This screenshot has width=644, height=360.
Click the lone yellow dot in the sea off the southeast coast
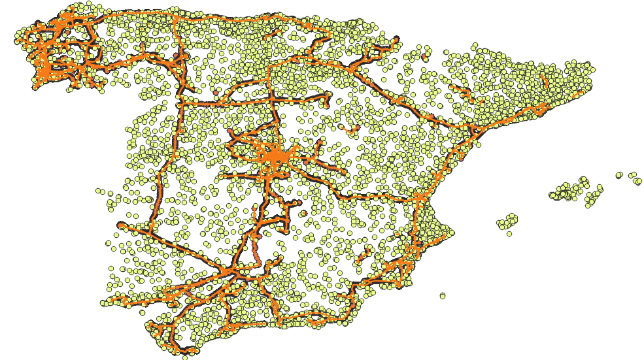[443, 295]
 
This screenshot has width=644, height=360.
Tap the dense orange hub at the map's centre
[276, 157]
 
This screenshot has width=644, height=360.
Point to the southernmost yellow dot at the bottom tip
[185, 357]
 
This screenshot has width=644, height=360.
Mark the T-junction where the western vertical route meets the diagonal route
[152, 232]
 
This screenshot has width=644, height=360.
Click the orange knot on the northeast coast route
[540, 108]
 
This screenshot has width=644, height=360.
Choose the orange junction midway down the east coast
[418, 196]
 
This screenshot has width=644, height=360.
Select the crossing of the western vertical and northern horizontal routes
[179, 103]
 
